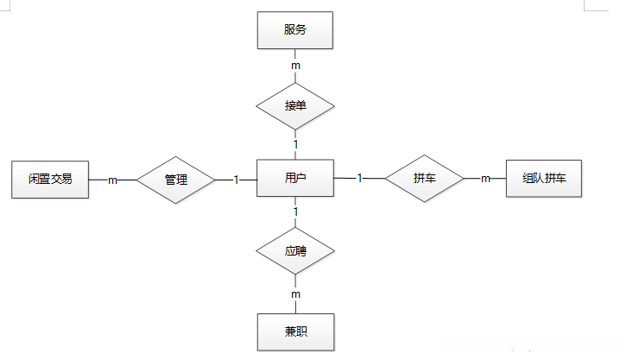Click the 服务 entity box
295,29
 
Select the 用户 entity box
295,179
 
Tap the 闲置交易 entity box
50,180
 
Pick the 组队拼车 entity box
544,179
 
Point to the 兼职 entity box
295,332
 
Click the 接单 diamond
295,105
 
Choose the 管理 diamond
176,180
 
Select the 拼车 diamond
424,179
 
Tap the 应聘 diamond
295,252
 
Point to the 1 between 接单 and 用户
295,144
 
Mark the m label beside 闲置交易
113,180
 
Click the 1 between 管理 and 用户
236,180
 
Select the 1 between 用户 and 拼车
359,179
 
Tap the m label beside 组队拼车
485,179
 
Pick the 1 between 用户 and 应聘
295,212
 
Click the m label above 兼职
295,294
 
